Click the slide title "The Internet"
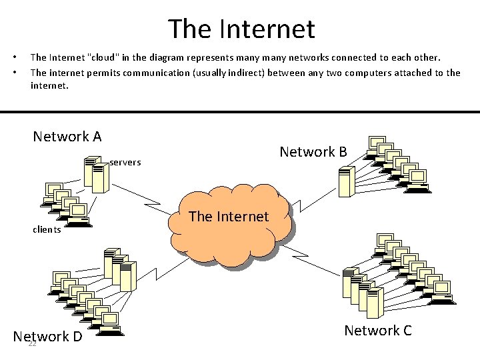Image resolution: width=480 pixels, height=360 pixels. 241,29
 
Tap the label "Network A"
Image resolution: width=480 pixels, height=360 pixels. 67,137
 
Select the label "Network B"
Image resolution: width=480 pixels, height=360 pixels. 313,152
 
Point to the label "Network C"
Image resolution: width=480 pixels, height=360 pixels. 378,330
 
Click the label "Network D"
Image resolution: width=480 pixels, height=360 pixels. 48,336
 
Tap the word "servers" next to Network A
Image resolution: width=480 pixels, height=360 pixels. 125,162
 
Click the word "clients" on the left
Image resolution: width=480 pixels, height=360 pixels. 47,229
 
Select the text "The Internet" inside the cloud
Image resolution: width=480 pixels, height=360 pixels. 229,216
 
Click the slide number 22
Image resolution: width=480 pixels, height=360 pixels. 32,343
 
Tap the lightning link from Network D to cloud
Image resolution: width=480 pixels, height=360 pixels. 157,266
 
